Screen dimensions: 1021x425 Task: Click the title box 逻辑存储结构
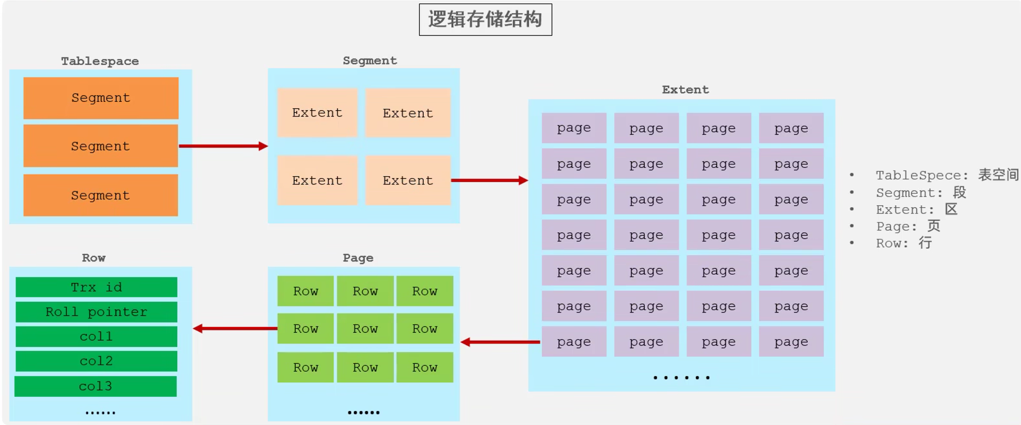(x=485, y=19)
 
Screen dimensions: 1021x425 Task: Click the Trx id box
(x=96, y=287)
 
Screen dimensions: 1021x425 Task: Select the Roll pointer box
(x=96, y=312)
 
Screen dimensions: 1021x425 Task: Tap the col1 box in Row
(x=96, y=337)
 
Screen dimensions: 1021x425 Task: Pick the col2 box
(x=96, y=361)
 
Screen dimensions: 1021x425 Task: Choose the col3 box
(x=96, y=386)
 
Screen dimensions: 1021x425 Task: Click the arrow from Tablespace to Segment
(x=223, y=146)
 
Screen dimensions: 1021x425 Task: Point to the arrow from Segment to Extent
(x=489, y=180)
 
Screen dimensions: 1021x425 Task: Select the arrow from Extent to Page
(x=500, y=342)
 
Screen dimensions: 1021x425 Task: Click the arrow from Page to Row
(x=235, y=328)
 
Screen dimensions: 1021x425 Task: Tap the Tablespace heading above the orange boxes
(x=100, y=61)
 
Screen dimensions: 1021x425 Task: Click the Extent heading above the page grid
(x=686, y=90)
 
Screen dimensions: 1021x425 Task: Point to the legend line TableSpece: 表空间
(x=947, y=175)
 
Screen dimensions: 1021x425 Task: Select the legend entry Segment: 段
(x=921, y=193)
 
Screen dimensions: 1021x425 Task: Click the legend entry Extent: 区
(x=916, y=210)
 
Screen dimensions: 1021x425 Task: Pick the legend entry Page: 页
(x=908, y=226)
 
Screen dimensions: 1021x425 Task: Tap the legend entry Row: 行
(x=904, y=243)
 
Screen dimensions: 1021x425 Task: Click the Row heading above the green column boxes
(x=94, y=258)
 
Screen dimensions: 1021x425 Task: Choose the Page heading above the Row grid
(x=358, y=258)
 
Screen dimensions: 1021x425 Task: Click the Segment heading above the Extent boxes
(x=370, y=61)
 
